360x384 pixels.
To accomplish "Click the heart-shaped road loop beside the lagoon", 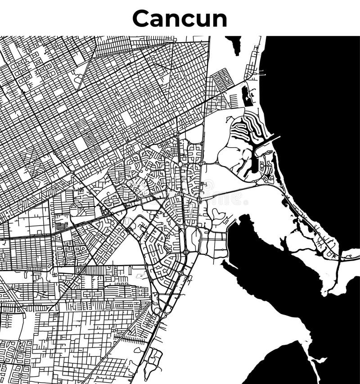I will point(218,213).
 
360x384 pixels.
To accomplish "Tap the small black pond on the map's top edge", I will point(234,44).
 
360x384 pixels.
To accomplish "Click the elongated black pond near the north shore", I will point(247,95).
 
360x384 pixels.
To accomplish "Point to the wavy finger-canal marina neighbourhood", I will point(245,126).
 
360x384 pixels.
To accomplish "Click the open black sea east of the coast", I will point(315,113).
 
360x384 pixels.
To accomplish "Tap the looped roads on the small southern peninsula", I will point(153,360).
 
